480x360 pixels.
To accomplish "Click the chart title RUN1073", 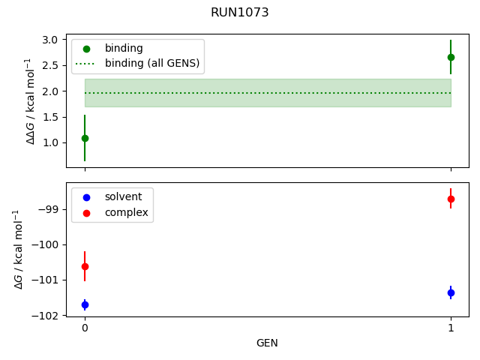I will click(x=240, y=13).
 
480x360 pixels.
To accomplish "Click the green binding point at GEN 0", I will click(x=85, y=138).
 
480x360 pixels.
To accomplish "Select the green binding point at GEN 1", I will click(x=451, y=57).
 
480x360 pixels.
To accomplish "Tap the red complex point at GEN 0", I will click(x=85, y=266).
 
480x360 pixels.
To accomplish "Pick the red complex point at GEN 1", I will click(x=451, y=199).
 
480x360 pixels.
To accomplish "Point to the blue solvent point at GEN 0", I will click(x=85, y=304).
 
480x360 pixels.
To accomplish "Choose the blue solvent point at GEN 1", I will click(x=451, y=292).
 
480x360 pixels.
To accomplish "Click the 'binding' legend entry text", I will click(x=124, y=48).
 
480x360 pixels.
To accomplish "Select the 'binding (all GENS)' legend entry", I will click(x=152, y=63).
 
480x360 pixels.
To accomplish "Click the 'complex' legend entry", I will click(x=127, y=213).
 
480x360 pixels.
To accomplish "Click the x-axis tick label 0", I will click(x=85, y=328).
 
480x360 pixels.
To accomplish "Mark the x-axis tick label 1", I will click(x=451, y=328).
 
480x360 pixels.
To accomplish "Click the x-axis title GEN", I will click(x=268, y=343).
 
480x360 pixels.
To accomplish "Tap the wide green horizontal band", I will click(x=268, y=93).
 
